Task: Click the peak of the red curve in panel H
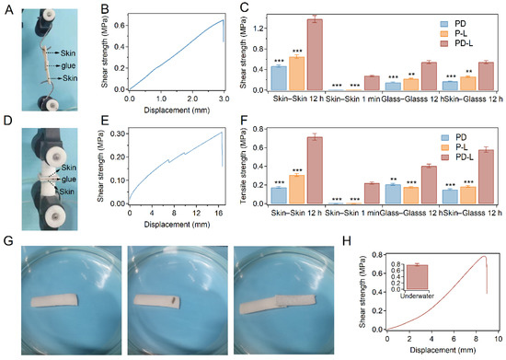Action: coord(484,256)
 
